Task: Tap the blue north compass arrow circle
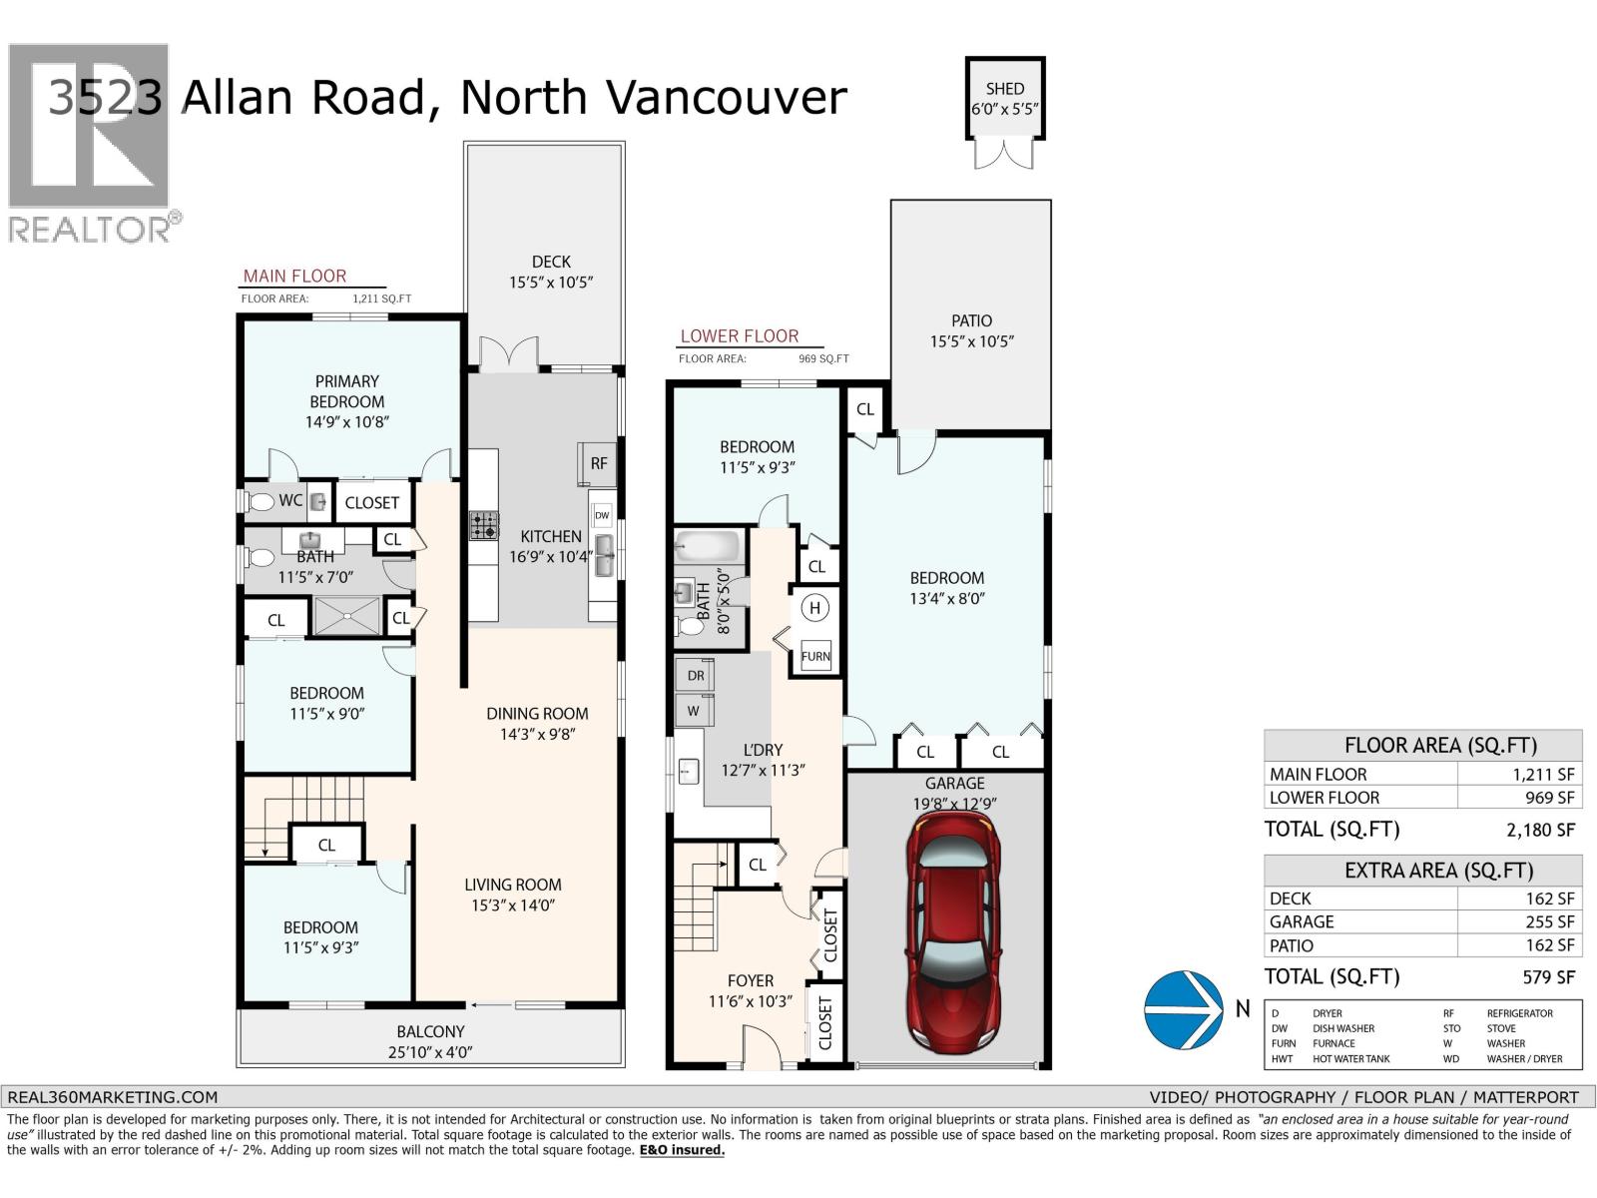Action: (x=1183, y=1009)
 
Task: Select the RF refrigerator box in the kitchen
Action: (x=598, y=463)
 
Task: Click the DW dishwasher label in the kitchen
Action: (x=602, y=515)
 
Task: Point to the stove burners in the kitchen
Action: (x=484, y=525)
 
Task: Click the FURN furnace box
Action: (x=815, y=656)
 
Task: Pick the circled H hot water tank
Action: (x=815, y=608)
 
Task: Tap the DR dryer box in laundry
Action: (x=696, y=675)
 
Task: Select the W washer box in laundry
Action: (x=694, y=711)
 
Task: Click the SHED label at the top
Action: (x=1005, y=89)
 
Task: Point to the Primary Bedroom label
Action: (x=346, y=391)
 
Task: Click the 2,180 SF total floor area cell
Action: (x=1540, y=830)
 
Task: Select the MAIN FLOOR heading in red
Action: (x=294, y=276)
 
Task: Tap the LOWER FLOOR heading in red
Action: (x=740, y=336)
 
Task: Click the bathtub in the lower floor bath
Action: (x=708, y=548)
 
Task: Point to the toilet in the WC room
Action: (x=261, y=501)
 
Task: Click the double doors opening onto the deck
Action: (x=509, y=354)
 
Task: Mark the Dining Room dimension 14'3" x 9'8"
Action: (x=537, y=734)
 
